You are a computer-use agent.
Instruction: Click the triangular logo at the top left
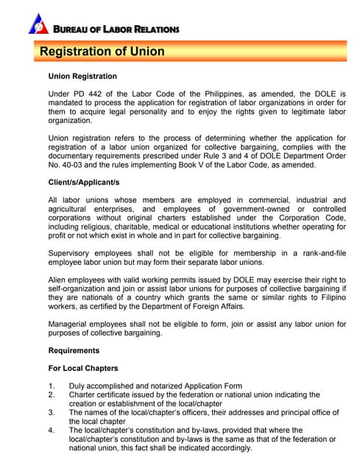(38, 23)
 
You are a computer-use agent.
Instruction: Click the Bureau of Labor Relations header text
(116, 29)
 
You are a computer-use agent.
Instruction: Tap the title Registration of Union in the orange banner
(102, 52)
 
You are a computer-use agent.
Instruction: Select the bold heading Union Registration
(82, 77)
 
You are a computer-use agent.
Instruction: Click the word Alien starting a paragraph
(60, 280)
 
